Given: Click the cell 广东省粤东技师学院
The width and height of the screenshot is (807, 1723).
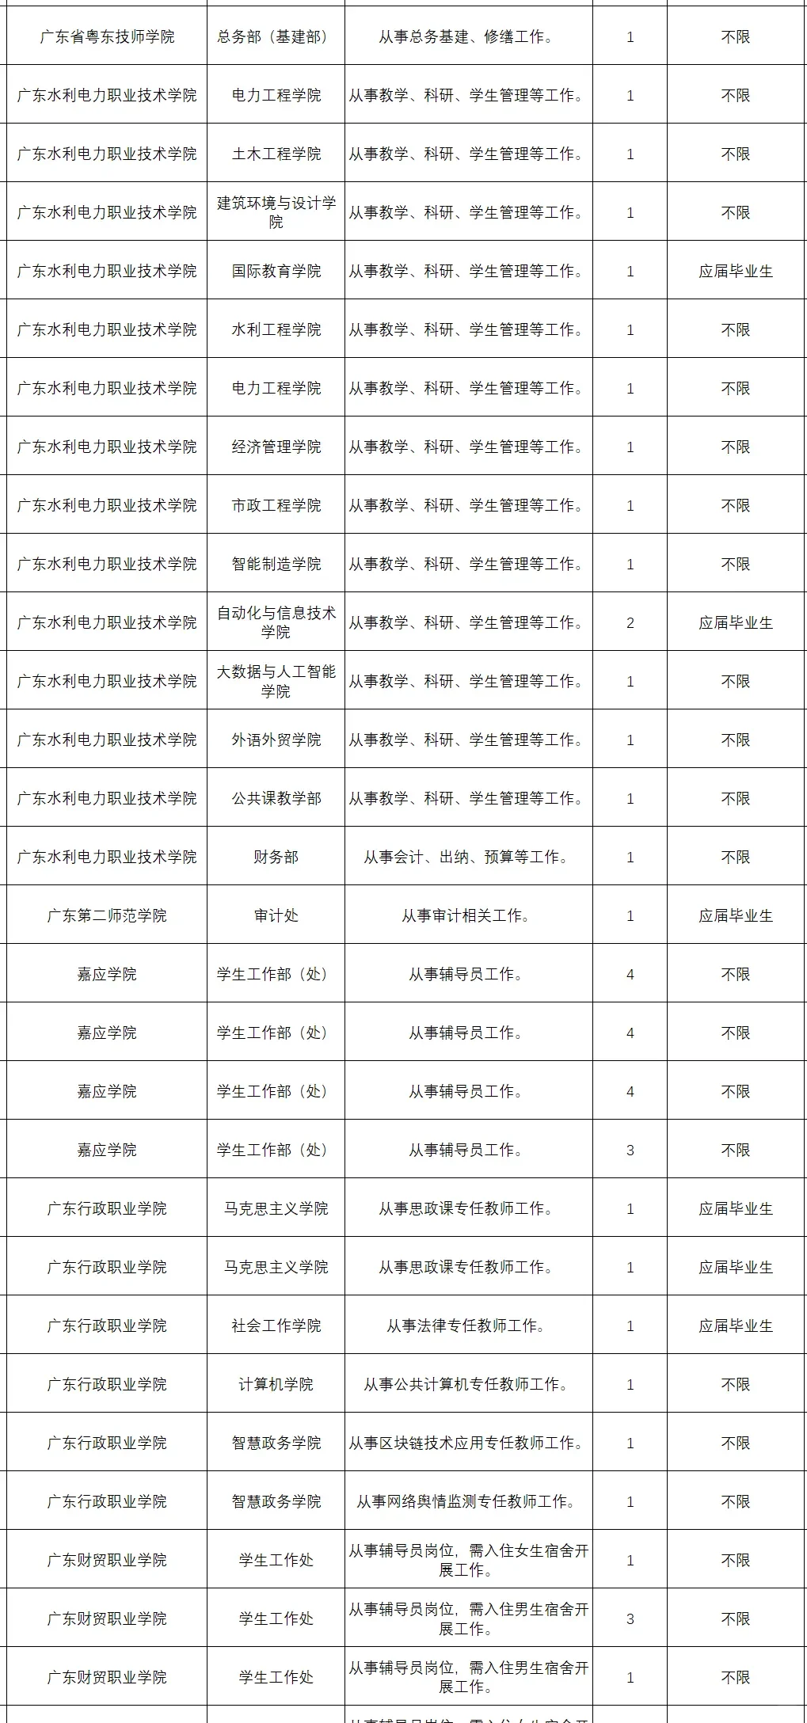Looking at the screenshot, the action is point(107,37).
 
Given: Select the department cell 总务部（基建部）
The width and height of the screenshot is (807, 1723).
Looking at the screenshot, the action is point(276,37).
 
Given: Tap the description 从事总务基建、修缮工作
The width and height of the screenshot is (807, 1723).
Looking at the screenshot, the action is point(468,37).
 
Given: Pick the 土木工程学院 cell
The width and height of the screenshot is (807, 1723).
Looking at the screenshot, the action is point(276,154).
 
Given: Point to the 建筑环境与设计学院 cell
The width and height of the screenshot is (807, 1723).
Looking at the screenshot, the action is point(276,213).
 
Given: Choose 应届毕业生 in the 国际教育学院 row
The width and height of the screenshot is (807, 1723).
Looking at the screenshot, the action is point(735,272).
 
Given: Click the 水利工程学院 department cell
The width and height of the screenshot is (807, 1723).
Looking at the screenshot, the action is point(276,330).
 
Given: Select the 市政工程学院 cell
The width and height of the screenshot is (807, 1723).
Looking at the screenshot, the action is point(276,506).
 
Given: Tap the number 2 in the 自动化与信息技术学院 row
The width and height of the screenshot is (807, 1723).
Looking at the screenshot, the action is point(630,623).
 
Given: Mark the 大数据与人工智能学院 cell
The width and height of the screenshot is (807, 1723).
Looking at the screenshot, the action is point(276,682).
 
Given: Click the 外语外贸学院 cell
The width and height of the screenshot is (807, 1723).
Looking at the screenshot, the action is point(276,740).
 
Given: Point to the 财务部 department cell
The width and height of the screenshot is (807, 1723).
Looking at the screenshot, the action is point(276,858).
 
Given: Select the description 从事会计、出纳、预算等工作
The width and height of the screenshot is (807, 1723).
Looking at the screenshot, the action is point(468,858).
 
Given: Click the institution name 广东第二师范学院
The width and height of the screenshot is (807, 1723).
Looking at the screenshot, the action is point(107,916).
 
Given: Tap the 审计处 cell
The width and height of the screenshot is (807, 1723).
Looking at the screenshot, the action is point(276,916).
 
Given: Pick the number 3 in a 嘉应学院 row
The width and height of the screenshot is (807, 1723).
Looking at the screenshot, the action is point(630,1151).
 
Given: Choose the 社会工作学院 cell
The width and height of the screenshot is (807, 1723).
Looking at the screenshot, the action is point(276,1326).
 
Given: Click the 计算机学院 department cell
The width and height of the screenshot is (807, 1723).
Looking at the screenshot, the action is point(276,1385).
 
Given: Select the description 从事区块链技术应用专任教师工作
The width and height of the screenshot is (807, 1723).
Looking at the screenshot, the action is point(468,1443).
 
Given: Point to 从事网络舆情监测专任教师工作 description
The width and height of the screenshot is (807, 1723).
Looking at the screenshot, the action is point(468,1502).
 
